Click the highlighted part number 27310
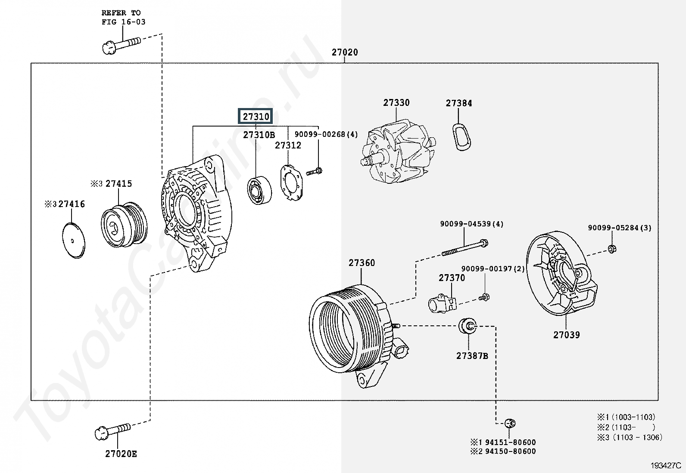tap(256, 116)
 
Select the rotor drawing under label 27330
tap(399, 151)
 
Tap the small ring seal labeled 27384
tap(461, 137)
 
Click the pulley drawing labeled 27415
tap(124, 223)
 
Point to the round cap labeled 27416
tap(74, 241)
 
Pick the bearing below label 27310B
tap(259, 190)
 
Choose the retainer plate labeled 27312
tap(291, 183)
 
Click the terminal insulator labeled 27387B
tap(468, 326)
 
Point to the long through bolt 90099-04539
tap(465, 247)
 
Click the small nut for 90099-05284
tap(611, 249)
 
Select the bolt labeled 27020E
tap(113, 431)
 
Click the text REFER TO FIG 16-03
tap(123, 18)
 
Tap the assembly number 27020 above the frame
tap(345, 53)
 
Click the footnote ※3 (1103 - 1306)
tap(630, 437)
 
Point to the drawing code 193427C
tap(666, 465)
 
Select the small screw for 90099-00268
tap(314, 172)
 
